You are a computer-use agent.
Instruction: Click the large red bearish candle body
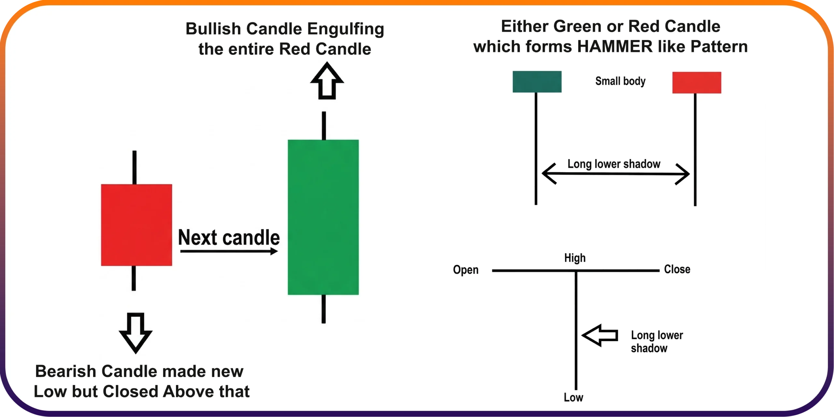tap(137, 225)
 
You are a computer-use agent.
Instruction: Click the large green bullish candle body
tap(323, 217)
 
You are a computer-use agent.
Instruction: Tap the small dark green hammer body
tap(537, 82)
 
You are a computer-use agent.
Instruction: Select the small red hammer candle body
tap(697, 83)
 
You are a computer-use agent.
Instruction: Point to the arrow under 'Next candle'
tap(229, 251)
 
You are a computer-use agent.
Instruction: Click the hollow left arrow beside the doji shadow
tap(600, 335)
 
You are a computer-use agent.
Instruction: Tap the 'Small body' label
tap(620, 81)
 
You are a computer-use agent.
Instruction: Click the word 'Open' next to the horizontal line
tap(466, 270)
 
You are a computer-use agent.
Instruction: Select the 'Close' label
tap(677, 269)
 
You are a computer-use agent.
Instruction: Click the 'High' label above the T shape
tap(575, 258)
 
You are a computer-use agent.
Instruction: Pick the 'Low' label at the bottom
tap(573, 397)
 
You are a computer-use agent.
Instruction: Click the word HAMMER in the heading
tap(615, 47)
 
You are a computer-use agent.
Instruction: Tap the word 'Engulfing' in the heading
tap(346, 29)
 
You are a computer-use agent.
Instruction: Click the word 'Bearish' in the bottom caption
tap(66, 371)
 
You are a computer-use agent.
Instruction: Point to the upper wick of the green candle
tap(324, 126)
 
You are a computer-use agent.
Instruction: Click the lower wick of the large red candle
tap(134, 278)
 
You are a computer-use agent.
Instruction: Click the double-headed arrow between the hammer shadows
tap(615, 174)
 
